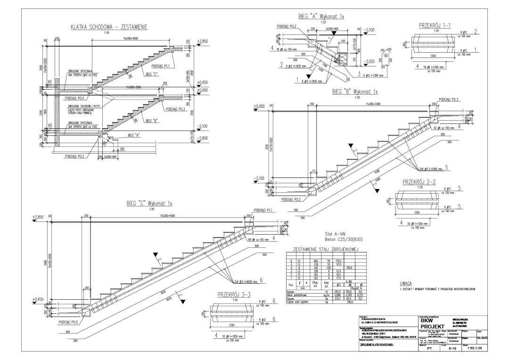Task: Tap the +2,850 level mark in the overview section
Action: pyautogui.click(x=202, y=41)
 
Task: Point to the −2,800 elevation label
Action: pyautogui.click(x=203, y=138)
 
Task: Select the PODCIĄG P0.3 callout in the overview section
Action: pyautogui.click(x=175, y=109)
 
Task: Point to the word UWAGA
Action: pyautogui.click(x=406, y=284)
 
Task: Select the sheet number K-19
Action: pyautogui.click(x=452, y=349)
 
